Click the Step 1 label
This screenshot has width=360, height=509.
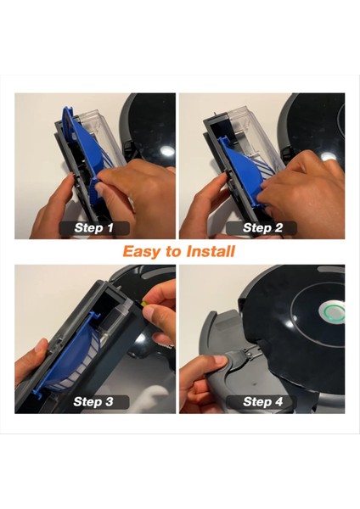point(94,228)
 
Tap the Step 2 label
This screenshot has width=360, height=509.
point(262,228)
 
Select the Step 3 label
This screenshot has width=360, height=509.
point(93,402)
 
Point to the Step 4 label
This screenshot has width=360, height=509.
point(262,402)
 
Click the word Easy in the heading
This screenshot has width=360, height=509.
point(139,252)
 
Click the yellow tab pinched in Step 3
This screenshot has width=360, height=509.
point(143,305)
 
